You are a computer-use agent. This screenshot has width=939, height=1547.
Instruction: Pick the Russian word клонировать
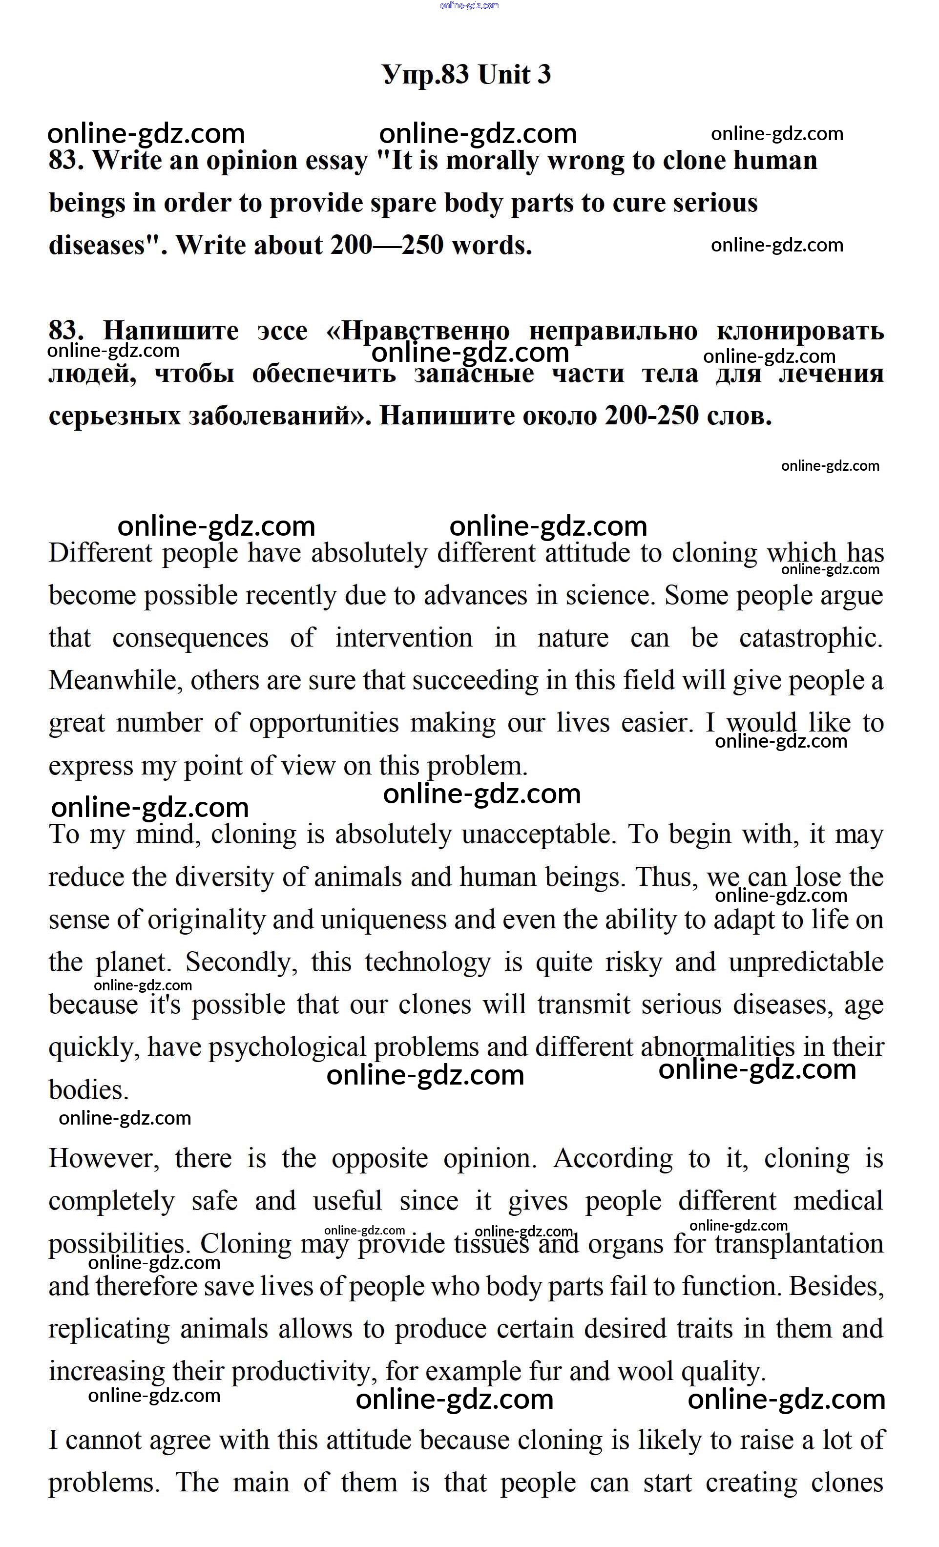coord(800,331)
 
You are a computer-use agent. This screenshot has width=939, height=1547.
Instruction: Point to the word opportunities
coord(324,723)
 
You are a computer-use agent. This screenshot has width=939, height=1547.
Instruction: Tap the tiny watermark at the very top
coord(470,6)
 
